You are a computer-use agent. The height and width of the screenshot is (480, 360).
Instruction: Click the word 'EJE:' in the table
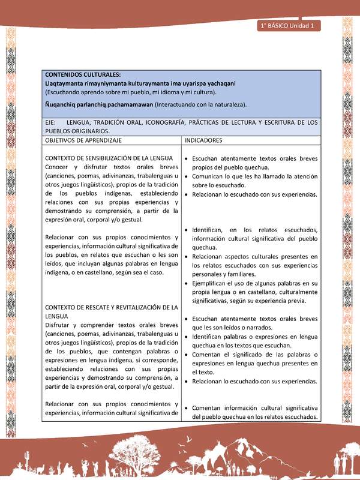52,122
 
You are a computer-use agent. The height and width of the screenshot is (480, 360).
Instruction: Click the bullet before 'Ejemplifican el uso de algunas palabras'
187,283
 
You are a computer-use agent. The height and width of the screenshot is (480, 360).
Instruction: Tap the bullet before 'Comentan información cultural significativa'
187,407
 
